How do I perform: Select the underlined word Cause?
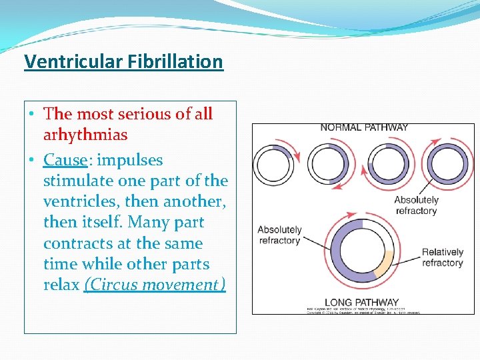(x=65, y=160)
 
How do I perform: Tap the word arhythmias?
(x=85, y=135)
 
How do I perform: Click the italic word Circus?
(x=111, y=285)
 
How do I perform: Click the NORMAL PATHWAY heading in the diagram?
(x=364, y=127)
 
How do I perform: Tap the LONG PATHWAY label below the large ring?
(x=361, y=302)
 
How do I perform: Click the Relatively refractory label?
(x=442, y=257)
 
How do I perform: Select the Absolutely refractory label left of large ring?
(x=279, y=235)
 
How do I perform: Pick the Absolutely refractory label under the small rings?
(x=416, y=205)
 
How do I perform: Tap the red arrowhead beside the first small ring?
(x=296, y=157)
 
